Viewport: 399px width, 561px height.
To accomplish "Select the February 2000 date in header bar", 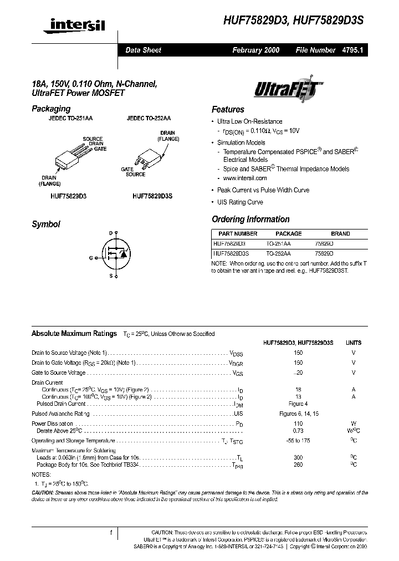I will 255,50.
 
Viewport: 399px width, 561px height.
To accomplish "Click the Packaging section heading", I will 51,109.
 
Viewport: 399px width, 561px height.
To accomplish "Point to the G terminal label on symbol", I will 91,258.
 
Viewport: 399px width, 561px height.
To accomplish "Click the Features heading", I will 228,110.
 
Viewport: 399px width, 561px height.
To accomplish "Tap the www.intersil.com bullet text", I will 244,178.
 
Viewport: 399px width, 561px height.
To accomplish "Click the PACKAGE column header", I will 288,234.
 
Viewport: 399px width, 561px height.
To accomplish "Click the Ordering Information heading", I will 250,220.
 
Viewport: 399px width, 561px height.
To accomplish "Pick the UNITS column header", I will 353,343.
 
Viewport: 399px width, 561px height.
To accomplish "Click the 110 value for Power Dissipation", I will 298,423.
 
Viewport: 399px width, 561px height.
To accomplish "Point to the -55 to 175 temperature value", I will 298,441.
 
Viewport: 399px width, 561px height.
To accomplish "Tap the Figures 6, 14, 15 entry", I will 298,414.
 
